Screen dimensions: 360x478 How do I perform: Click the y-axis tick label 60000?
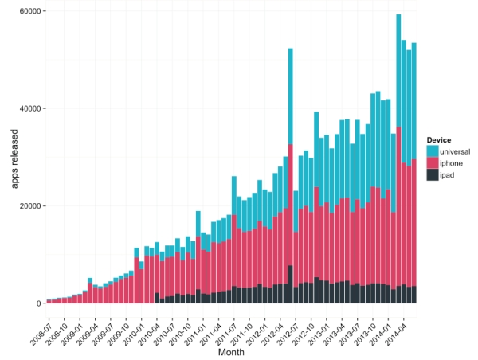30,12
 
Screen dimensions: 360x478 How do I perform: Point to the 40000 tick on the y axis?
30,109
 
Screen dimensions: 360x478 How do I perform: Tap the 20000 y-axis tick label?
30,206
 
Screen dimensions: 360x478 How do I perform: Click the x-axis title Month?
232,351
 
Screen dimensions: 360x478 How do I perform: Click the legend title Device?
439,140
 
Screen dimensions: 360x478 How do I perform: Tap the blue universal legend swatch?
432,151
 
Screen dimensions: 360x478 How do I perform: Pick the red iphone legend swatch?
432,162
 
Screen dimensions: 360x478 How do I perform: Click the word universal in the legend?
456,151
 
